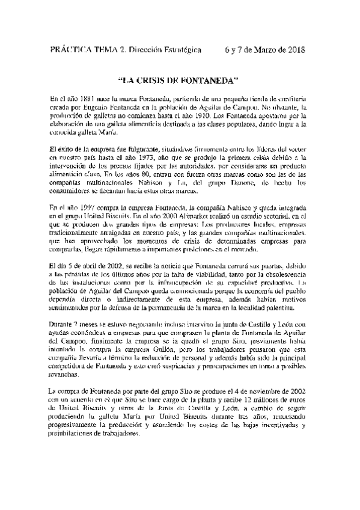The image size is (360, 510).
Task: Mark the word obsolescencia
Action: click(278, 275)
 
